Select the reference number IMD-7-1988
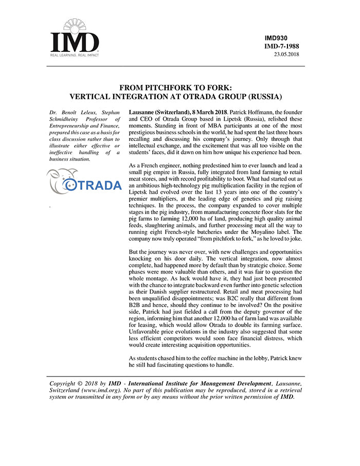(281, 46)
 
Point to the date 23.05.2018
(286, 54)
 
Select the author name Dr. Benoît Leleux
(64, 112)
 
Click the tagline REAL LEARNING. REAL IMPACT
(74, 54)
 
